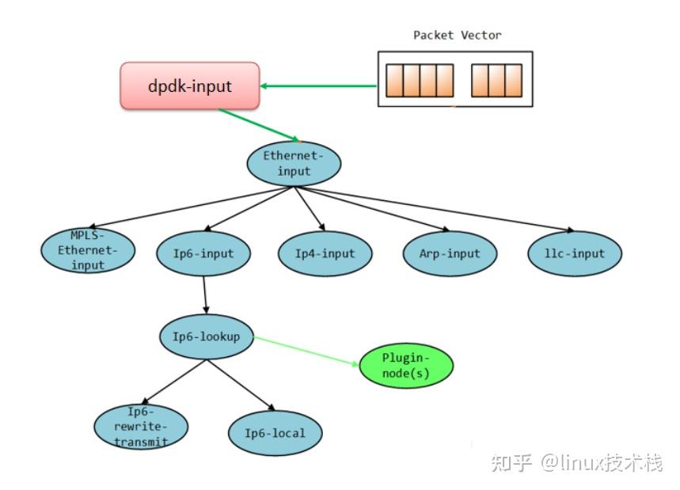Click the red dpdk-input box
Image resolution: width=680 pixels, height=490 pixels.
[190, 85]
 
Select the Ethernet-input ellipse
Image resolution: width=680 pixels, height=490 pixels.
[293, 164]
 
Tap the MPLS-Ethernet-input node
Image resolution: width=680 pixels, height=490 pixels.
[88, 250]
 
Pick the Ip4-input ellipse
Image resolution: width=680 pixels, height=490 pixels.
[325, 253]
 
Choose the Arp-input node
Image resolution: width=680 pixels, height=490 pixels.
[450, 253]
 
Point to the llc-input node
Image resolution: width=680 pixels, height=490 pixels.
[576, 253]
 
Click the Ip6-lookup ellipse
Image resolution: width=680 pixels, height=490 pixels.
[206, 337]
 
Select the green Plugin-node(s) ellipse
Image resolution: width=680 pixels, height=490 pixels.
[406, 366]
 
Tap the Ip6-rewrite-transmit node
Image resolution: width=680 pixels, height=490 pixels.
[141, 427]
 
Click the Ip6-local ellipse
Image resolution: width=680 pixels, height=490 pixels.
[274, 433]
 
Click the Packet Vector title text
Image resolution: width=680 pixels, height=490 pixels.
[457, 36]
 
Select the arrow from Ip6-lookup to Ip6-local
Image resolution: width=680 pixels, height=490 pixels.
[241, 385]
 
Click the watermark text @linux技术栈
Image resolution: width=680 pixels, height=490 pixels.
[602, 462]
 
